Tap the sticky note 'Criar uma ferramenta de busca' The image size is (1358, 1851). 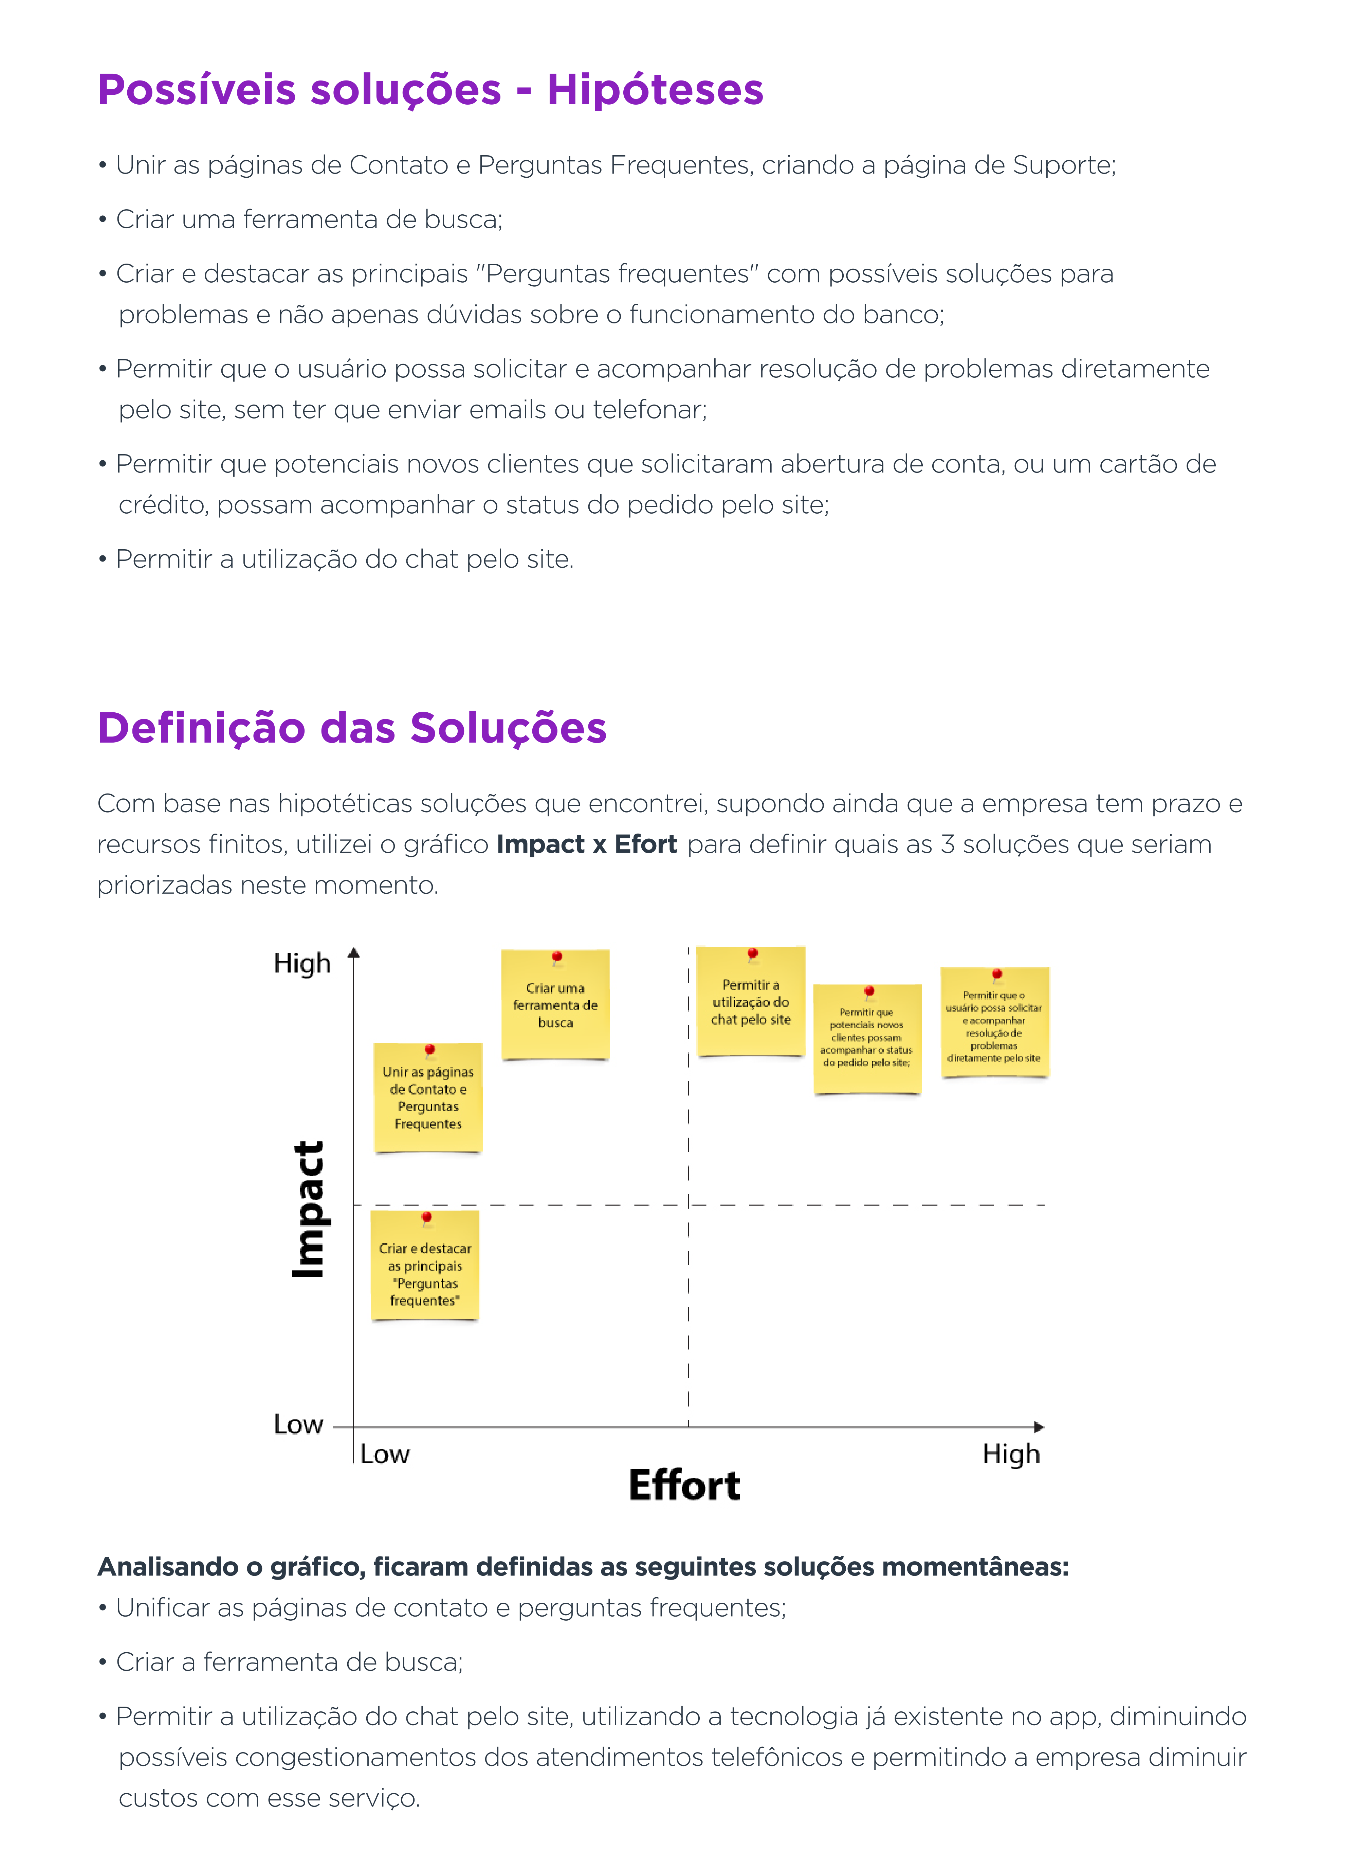[556, 1004]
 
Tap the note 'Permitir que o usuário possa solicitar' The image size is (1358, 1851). [995, 1022]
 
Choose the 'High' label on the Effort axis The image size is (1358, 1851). [1011, 1454]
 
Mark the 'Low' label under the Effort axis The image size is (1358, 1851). [385, 1454]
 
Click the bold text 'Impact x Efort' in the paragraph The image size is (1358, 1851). [587, 844]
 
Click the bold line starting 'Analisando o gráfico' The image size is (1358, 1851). [583, 1566]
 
